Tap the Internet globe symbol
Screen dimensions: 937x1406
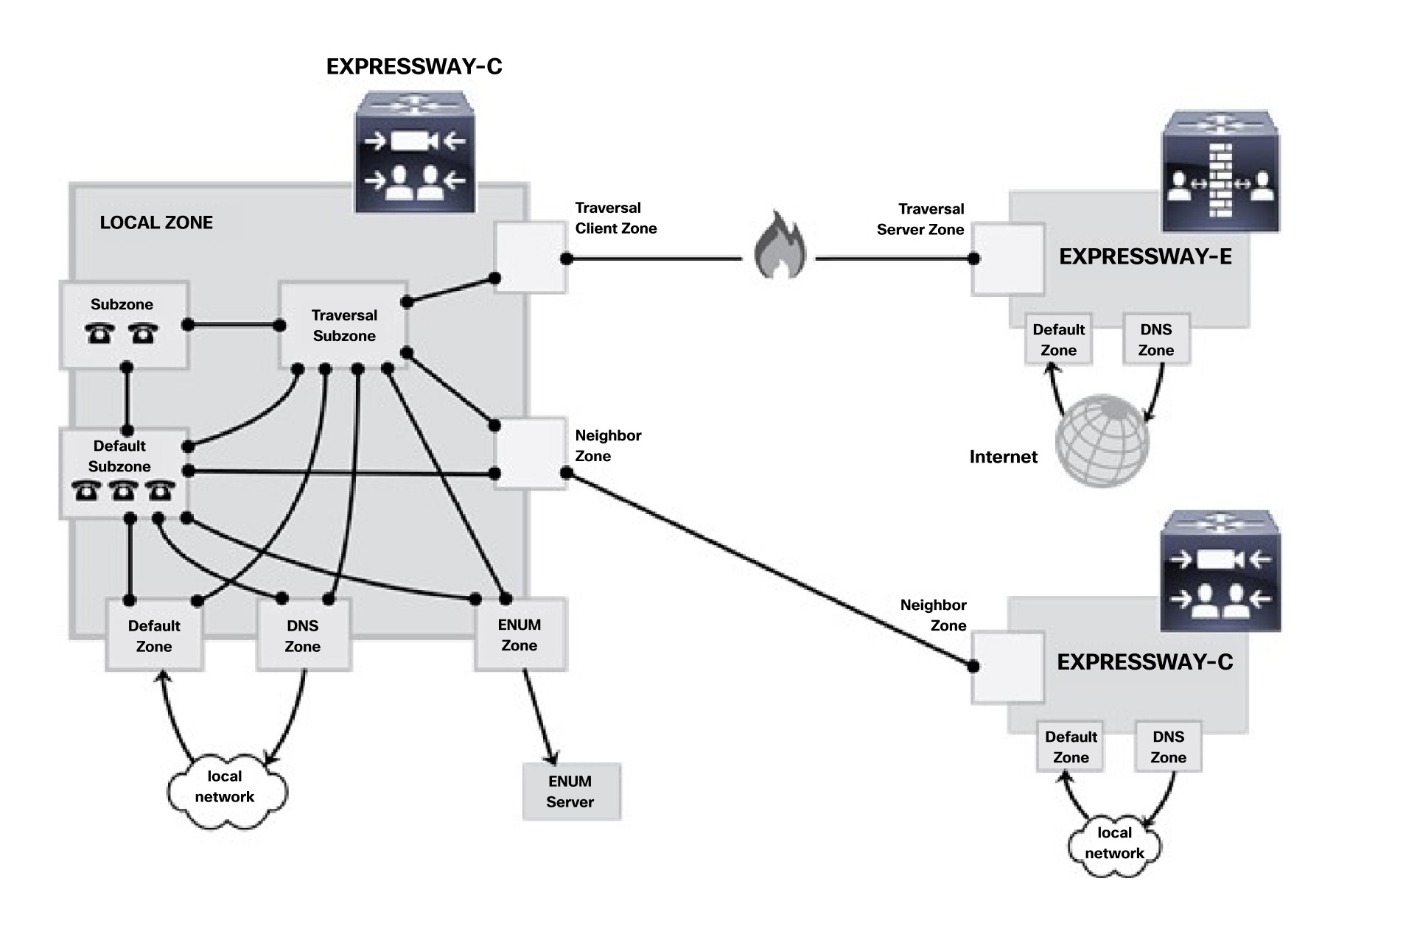point(1102,441)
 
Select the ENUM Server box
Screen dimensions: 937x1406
point(571,791)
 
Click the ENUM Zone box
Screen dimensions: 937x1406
point(520,634)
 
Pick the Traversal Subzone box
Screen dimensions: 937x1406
point(343,325)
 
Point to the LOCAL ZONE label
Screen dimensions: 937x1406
point(156,222)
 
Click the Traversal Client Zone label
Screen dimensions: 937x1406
point(615,218)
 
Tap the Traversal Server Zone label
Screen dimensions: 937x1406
point(921,220)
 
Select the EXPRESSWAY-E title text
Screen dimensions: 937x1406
point(1145,256)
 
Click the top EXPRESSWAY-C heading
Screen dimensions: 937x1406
point(414,66)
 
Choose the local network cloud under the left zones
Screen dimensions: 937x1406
point(225,788)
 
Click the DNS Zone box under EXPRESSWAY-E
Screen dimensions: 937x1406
point(1155,340)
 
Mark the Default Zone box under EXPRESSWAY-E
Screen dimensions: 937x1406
point(1058,340)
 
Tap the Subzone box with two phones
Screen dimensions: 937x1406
point(123,324)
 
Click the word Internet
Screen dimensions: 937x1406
point(1003,457)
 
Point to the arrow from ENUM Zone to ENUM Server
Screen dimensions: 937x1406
point(539,717)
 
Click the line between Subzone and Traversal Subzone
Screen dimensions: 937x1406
point(234,325)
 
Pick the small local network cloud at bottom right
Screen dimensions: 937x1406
point(1114,843)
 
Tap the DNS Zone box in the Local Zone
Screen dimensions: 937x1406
point(303,635)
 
